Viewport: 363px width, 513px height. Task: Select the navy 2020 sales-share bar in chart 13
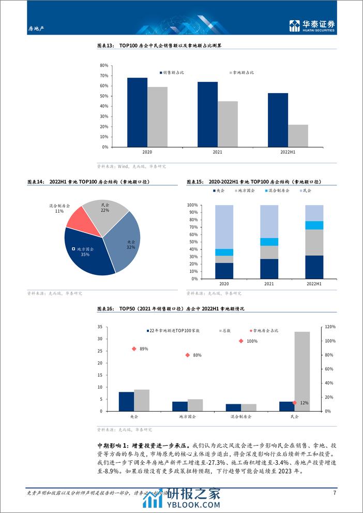coord(137,112)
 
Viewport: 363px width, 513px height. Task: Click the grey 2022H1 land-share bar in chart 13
coord(298,136)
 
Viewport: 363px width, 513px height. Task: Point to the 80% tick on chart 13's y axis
coord(104,66)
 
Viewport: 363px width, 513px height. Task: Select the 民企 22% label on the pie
coord(105,207)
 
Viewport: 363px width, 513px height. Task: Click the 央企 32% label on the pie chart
coord(131,244)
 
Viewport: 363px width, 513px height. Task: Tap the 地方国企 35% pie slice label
coord(85,252)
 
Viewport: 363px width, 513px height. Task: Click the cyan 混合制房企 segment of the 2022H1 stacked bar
coord(314,225)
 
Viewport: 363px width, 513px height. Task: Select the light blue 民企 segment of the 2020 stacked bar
coord(224,227)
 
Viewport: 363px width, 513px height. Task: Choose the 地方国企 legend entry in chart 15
coord(246,191)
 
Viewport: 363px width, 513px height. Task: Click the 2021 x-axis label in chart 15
coord(269,284)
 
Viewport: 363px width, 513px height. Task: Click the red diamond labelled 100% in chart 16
coord(241,341)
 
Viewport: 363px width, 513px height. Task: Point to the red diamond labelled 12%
coord(294,403)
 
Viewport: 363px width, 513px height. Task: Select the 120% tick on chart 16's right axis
coord(330,327)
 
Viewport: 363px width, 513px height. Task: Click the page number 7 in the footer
coord(335,492)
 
